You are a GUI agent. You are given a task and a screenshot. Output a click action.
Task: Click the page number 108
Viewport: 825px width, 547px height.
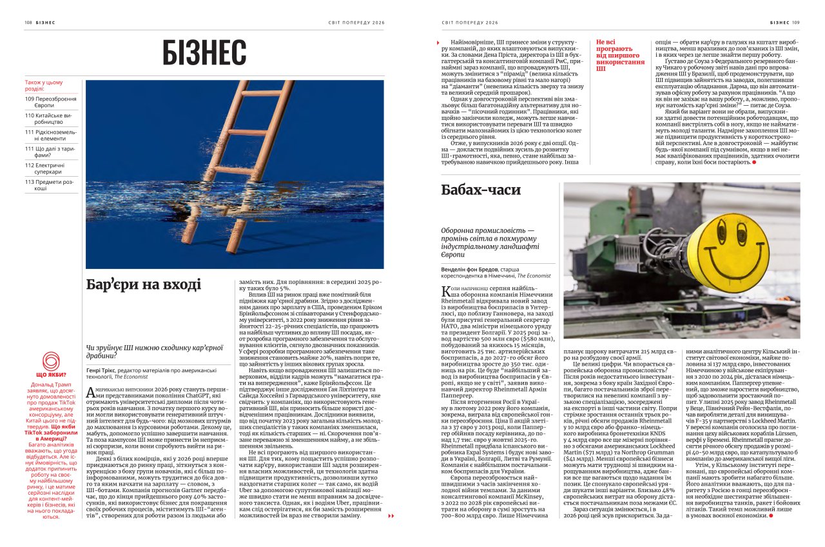[28, 22]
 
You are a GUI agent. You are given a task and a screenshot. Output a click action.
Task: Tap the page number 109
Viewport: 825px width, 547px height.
[795, 22]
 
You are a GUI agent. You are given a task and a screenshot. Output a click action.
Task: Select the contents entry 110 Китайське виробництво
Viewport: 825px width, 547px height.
[51, 119]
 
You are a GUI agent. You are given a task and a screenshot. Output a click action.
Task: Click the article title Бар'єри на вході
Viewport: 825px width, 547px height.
[144, 284]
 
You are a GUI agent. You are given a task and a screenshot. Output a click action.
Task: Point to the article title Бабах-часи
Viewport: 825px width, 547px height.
[481, 190]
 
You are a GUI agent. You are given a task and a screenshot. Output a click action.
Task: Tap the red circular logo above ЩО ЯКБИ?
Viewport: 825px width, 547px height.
[51, 361]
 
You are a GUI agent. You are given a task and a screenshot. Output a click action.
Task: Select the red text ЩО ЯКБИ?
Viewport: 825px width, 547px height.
[51, 375]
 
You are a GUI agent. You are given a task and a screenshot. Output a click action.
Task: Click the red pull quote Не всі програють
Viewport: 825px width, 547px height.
[620, 55]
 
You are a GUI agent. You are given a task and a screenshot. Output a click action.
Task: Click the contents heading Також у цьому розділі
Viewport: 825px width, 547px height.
[44, 86]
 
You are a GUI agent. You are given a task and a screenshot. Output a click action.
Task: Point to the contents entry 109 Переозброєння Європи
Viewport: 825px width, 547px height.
[51, 102]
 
